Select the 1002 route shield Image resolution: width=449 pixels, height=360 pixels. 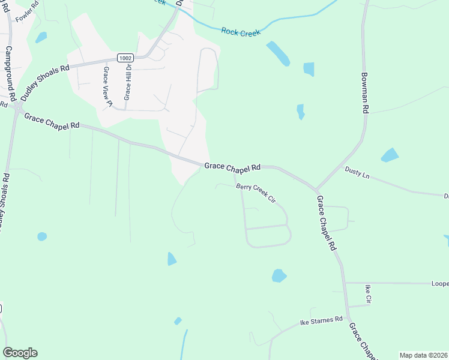[x=124, y=58]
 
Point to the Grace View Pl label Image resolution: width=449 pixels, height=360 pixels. [x=107, y=86]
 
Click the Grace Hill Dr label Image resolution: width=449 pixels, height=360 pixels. [x=127, y=82]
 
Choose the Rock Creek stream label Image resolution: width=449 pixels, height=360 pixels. [x=241, y=32]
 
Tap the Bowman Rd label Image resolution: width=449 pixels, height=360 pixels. [x=364, y=94]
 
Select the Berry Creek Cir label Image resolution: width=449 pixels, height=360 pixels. [x=255, y=191]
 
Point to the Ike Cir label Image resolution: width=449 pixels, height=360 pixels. [x=369, y=294]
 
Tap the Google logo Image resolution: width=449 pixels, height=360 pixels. [x=20, y=353]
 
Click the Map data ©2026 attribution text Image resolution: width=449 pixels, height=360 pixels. [x=423, y=355]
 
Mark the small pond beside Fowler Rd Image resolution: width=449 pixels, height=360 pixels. [x=41, y=37]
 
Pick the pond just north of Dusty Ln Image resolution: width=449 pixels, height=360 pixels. [x=390, y=155]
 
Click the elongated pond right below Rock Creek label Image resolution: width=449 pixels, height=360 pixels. [x=278, y=53]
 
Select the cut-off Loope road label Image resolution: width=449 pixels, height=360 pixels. [x=440, y=283]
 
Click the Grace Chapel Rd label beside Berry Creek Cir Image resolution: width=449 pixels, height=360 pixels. [x=232, y=166]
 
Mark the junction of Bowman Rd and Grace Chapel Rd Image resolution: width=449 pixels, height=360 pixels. [x=316, y=190]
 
